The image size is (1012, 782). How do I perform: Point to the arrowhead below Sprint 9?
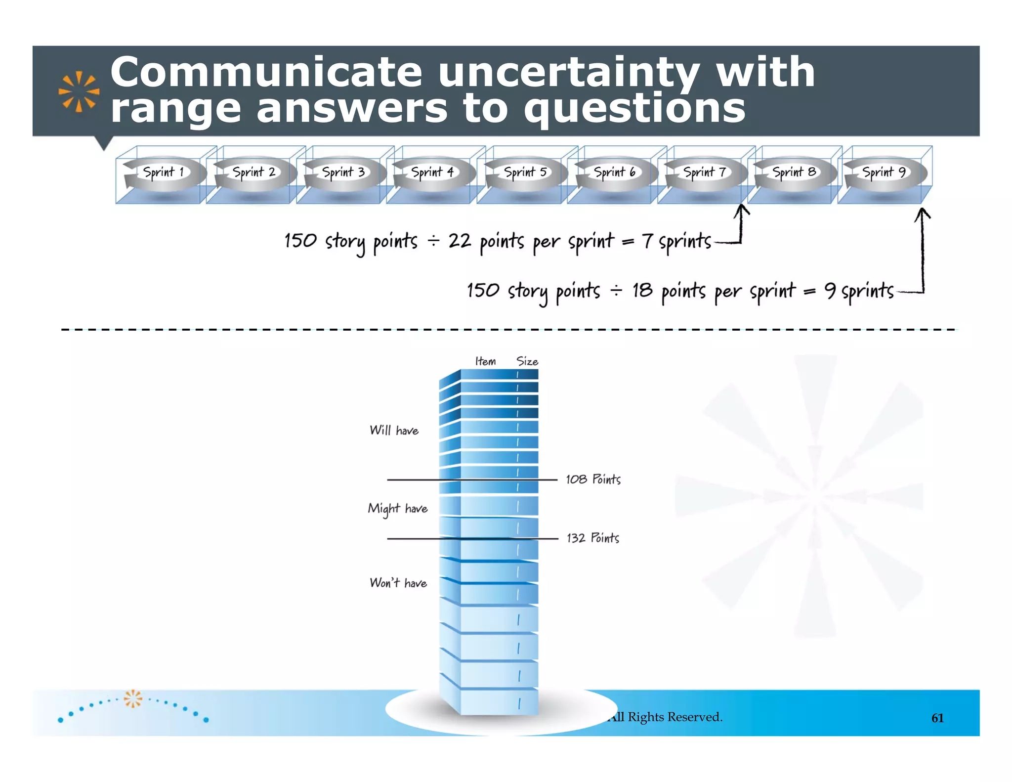point(922,214)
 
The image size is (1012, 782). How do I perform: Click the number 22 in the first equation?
point(459,241)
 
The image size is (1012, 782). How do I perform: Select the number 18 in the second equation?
point(642,290)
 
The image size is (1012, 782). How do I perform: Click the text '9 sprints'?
point(859,291)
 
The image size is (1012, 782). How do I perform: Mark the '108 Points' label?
point(593,479)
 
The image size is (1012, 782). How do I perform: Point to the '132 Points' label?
point(592,538)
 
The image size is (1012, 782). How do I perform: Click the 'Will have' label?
point(394,431)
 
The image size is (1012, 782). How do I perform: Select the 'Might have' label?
point(397,509)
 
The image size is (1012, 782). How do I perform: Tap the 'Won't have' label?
point(398,583)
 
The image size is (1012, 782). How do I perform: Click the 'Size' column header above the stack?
point(527,361)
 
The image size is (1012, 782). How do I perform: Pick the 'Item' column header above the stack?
point(485,361)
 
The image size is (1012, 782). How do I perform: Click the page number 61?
point(937,718)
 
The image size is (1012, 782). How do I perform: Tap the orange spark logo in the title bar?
point(79,91)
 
